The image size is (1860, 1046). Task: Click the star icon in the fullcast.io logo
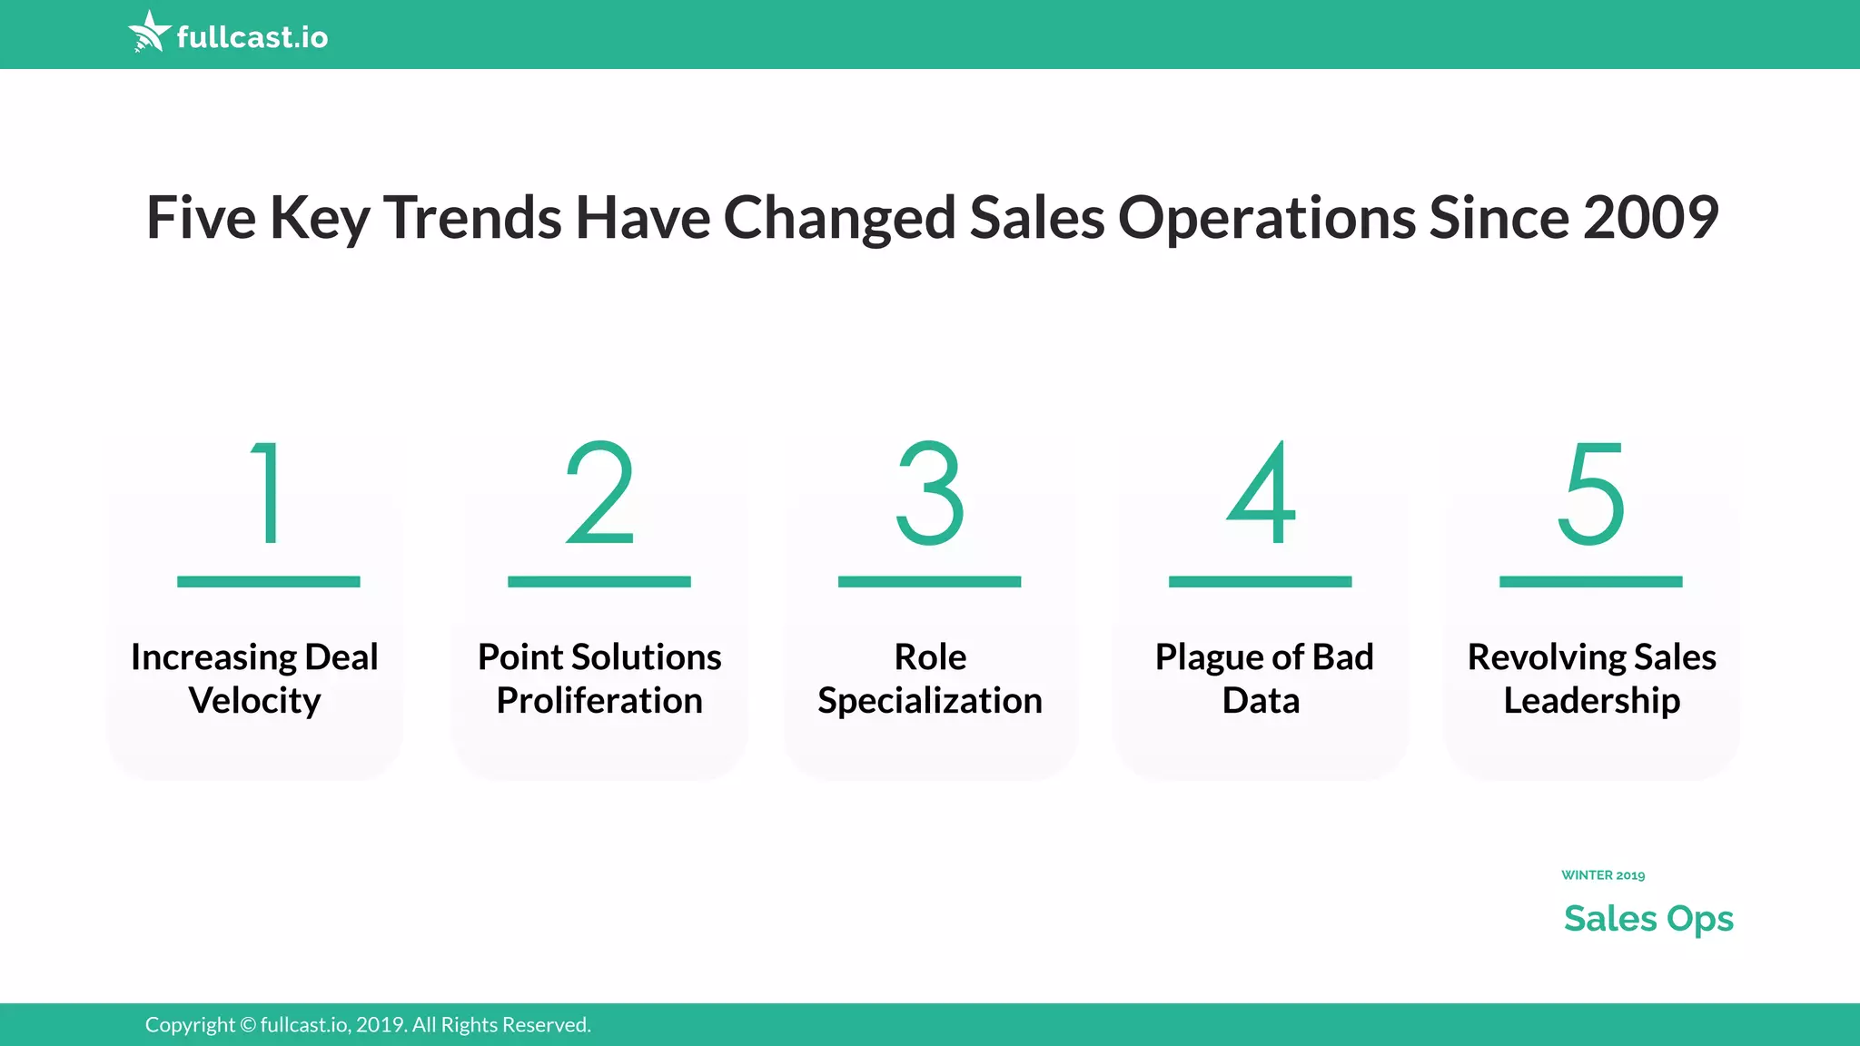tap(149, 32)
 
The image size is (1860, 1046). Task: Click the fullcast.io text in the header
tap(252, 37)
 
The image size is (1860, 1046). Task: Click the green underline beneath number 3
tap(929, 581)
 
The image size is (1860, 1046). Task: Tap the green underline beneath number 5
tap(1591, 581)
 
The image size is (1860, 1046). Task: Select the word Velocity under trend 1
tap(254, 701)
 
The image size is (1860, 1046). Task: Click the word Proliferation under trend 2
tap(599, 701)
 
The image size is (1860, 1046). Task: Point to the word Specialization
tap(929, 701)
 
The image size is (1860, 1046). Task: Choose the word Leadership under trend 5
tap(1591, 701)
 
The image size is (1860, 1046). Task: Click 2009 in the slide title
tap(1650, 218)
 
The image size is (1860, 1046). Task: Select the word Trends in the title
tap(472, 218)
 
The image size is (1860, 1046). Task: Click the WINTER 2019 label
tap(1603, 875)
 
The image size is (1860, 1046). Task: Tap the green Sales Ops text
tap(1648, 919)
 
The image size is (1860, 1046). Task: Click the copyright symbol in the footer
tap(248, 1025)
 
